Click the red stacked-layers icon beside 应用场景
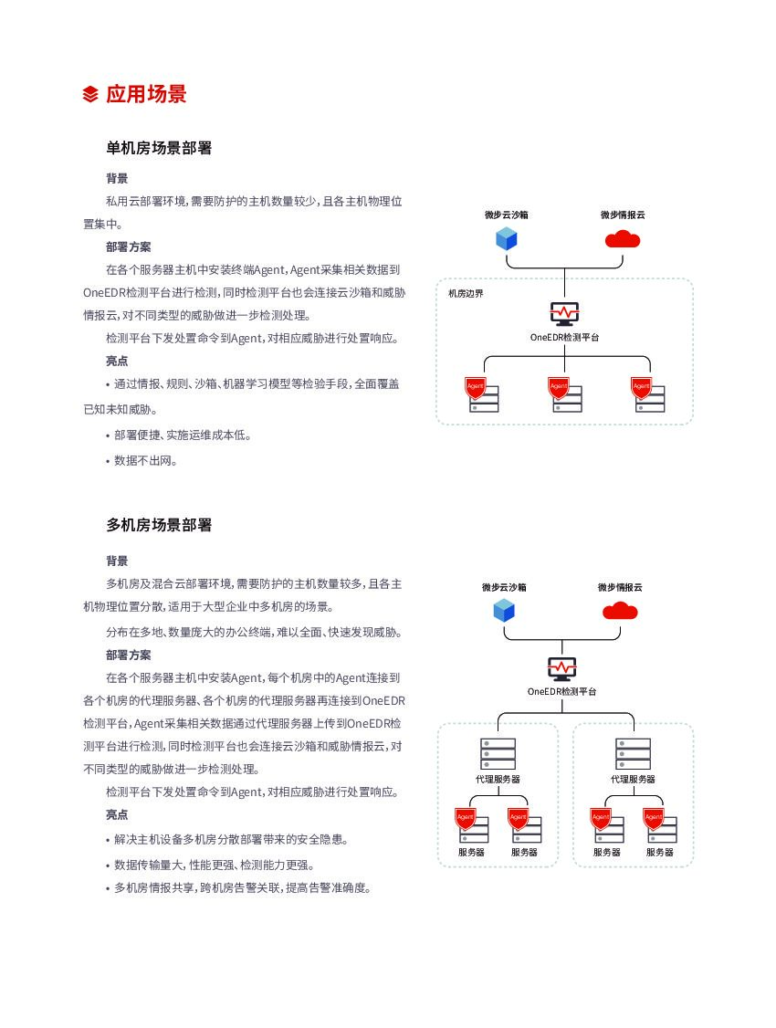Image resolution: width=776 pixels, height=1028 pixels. click(90, 94)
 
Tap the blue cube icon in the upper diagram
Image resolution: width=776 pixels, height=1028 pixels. click(507, 239)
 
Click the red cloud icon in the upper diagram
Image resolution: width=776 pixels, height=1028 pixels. click(623, 239)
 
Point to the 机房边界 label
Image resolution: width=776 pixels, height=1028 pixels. click(466, 293)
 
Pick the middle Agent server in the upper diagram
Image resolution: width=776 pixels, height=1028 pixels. click(565, 394)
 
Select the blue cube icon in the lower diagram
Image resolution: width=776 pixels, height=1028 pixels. click(504, 610)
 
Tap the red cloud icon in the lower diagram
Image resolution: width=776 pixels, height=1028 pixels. click(620, 610)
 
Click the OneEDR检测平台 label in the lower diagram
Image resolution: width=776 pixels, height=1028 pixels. click(561, 691)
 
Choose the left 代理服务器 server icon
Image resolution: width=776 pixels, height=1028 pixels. click(498, 754)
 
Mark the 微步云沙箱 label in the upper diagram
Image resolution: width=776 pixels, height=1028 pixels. click(507, 215)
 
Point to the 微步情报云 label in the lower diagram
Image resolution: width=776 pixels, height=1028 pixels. click(620, 587)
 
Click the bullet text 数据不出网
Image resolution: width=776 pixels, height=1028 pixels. click(145, 460)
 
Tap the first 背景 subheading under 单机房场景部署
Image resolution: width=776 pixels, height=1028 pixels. click(117, 179)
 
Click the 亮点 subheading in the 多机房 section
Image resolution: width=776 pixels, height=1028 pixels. click(117, 814)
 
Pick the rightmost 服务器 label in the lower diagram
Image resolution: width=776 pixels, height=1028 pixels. click(660, 852)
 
